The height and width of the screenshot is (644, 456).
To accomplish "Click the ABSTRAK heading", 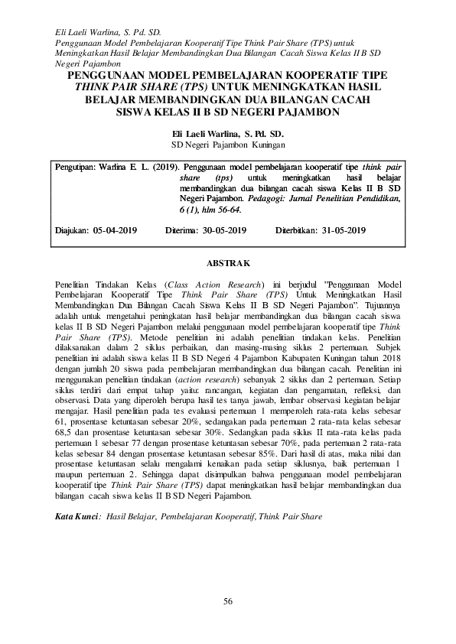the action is tap(229, 263).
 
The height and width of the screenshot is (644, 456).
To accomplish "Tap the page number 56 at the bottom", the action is tap(228, 600).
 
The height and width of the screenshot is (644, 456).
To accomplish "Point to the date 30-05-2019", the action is tap(222, 229).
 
